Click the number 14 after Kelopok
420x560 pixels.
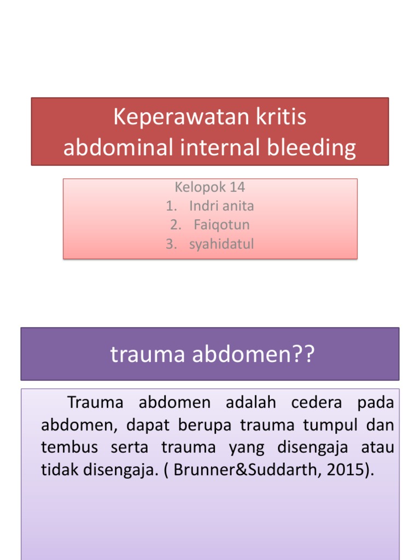[x=237, y=187]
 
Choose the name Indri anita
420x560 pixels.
[x=221, y=206]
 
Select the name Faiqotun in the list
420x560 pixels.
[x=221, y=225]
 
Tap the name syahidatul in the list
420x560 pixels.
[x=221, y=244]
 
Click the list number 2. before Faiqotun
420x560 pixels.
[x=174, y=225]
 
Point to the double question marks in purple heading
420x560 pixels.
[x=305, y=354]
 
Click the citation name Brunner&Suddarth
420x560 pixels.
[x=244, y=470]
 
